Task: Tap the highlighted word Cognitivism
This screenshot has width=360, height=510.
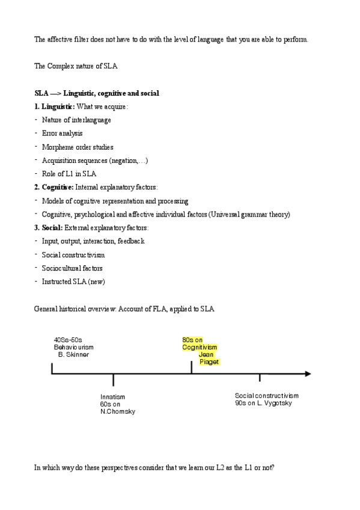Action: click(200, 348)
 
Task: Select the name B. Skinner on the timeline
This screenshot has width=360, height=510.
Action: click(73, 355)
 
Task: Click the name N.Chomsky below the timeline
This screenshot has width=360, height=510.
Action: click(118, 412)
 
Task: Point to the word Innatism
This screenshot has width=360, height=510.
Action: click(113, 397)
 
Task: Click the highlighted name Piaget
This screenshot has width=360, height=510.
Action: click(209, 362)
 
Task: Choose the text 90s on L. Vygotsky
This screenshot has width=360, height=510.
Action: click(264, 403)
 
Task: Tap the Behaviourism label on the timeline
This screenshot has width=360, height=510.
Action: click(74, 348)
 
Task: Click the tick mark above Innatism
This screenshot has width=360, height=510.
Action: click(113, 380)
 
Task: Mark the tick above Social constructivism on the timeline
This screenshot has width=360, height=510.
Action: click(260, 377)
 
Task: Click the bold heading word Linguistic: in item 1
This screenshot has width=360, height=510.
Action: click(58, 106)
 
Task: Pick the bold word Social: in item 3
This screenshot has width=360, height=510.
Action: click(52, 228)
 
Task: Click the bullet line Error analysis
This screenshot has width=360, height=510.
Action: click(63, 134)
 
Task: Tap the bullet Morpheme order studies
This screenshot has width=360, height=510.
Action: click(78, 147)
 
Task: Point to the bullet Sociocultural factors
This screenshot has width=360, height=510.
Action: click(72, 268)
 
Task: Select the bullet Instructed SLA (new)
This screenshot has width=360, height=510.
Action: click(73, 281)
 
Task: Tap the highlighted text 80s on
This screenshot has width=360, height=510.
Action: click(192, 340)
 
